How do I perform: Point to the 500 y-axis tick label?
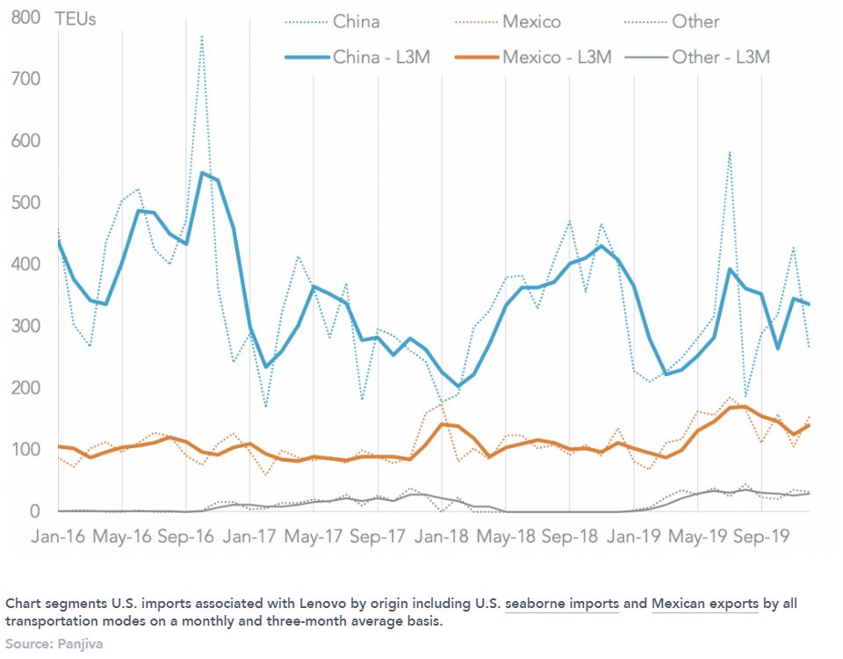(27, 203)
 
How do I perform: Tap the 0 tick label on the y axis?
(35, 511)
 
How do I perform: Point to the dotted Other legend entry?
(695, 22)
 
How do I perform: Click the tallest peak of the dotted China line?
(202, 37)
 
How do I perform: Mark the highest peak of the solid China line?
(202, 173)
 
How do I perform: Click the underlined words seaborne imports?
(562, 605)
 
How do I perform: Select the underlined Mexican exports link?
(704, 605)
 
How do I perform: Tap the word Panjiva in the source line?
(81, 643)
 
